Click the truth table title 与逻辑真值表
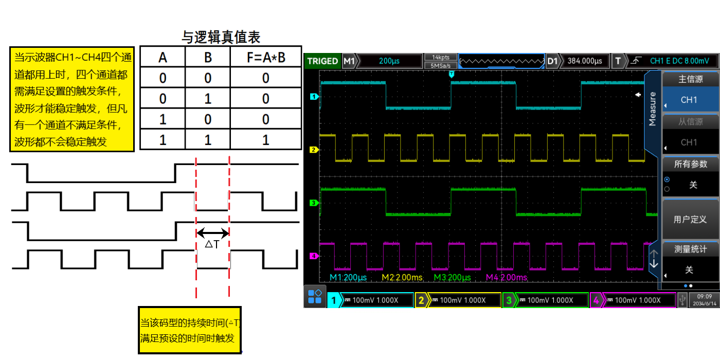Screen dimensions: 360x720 point(221,37)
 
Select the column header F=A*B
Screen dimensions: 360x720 point(265,58)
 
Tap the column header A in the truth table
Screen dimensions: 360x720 point(163,58)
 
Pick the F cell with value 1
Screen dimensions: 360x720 point(265,140)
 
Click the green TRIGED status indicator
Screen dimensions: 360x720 point(322,61)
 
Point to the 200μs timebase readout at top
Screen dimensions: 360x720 point(389,61)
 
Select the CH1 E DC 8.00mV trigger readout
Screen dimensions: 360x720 point(679,61)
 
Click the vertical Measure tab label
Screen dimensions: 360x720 point(652,109)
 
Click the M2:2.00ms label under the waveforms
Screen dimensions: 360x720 point(402,278)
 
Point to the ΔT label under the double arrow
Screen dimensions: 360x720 point(212,244)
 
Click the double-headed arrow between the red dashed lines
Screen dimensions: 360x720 point(212,232)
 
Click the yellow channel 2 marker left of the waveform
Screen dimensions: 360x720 point(313,150)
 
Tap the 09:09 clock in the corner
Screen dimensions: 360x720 point(704,296)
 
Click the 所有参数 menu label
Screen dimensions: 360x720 point(690,164)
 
